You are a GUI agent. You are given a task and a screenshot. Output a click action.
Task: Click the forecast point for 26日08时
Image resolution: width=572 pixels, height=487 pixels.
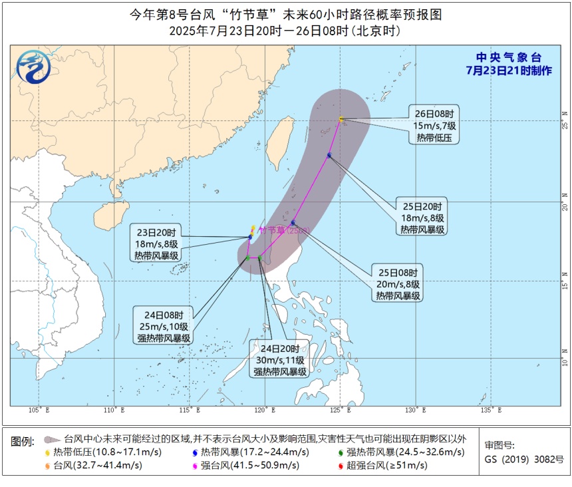click(341, 120)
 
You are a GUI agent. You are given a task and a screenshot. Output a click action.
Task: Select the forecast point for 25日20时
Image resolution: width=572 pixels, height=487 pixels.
click(329, 156)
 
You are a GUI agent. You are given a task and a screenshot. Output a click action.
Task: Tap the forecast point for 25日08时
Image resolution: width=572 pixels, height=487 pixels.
click(293, 223)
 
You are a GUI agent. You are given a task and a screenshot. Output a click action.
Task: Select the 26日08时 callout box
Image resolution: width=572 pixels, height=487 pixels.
click(433, 124)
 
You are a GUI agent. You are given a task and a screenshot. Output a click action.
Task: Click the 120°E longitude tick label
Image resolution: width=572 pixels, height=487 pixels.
click(265, 410)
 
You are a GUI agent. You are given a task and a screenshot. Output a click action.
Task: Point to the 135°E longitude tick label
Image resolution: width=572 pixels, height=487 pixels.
click(492, 410)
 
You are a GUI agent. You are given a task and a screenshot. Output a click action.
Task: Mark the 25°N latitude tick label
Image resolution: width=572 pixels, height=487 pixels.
click(565, 123)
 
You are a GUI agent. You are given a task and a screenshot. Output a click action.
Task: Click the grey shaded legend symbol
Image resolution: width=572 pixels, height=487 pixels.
click(52, 440)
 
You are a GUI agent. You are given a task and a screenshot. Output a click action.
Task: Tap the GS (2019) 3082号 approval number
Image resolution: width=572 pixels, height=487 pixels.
click(524, 459)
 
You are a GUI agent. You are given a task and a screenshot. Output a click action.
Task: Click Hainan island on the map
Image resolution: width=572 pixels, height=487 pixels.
click(105, 216)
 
